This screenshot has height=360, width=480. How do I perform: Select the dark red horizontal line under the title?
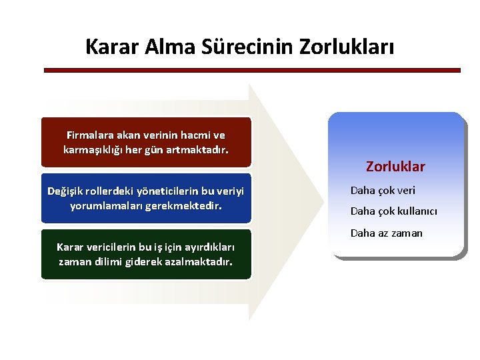click(x=252, y=70)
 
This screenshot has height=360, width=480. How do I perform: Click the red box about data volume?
click(x=146, y=142)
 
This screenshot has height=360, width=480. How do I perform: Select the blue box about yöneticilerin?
click(x=146, y=198)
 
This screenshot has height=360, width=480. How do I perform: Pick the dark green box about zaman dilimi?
click(x=146, y=254)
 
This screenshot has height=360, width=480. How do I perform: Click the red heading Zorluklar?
click(x=395, y=167)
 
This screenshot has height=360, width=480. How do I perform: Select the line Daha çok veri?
click(x=383, y=191)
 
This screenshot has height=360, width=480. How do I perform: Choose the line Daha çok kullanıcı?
click(x=394, y=211)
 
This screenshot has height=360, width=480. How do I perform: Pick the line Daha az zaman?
click(x=387, y=233)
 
